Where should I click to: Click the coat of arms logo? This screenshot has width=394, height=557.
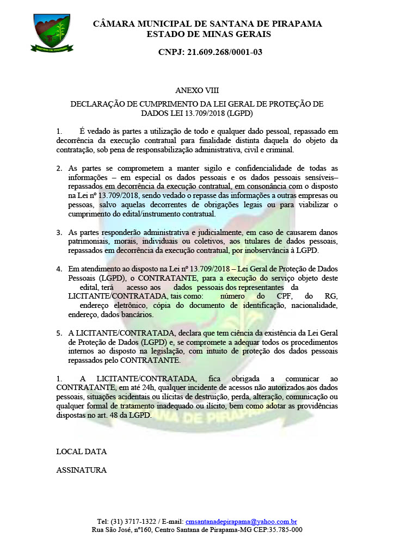52,33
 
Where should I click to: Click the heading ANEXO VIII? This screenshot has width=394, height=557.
196,90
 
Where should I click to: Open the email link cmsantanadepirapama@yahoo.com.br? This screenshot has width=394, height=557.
241,521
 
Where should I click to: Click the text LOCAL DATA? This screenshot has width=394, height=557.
81,451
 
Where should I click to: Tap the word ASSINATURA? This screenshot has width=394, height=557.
81,470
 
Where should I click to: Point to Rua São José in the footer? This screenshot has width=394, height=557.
112,529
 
